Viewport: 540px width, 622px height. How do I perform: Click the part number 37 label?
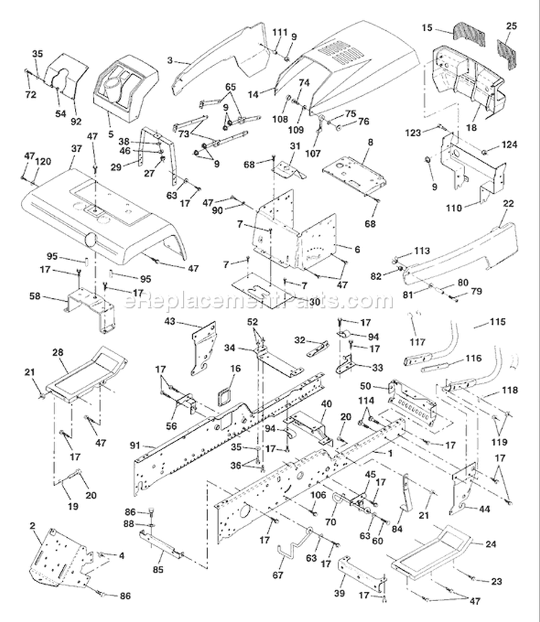point(76,149)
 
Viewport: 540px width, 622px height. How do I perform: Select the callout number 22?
point(508,204)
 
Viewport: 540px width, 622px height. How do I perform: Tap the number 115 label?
point(498,321)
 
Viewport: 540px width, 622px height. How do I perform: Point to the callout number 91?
point(135,446)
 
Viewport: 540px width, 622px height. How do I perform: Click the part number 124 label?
point(510,145)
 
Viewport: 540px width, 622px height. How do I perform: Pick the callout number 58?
point(35,296)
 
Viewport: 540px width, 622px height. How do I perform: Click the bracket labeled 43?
point(204,348)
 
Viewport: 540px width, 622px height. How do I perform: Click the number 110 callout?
point(454,207)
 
